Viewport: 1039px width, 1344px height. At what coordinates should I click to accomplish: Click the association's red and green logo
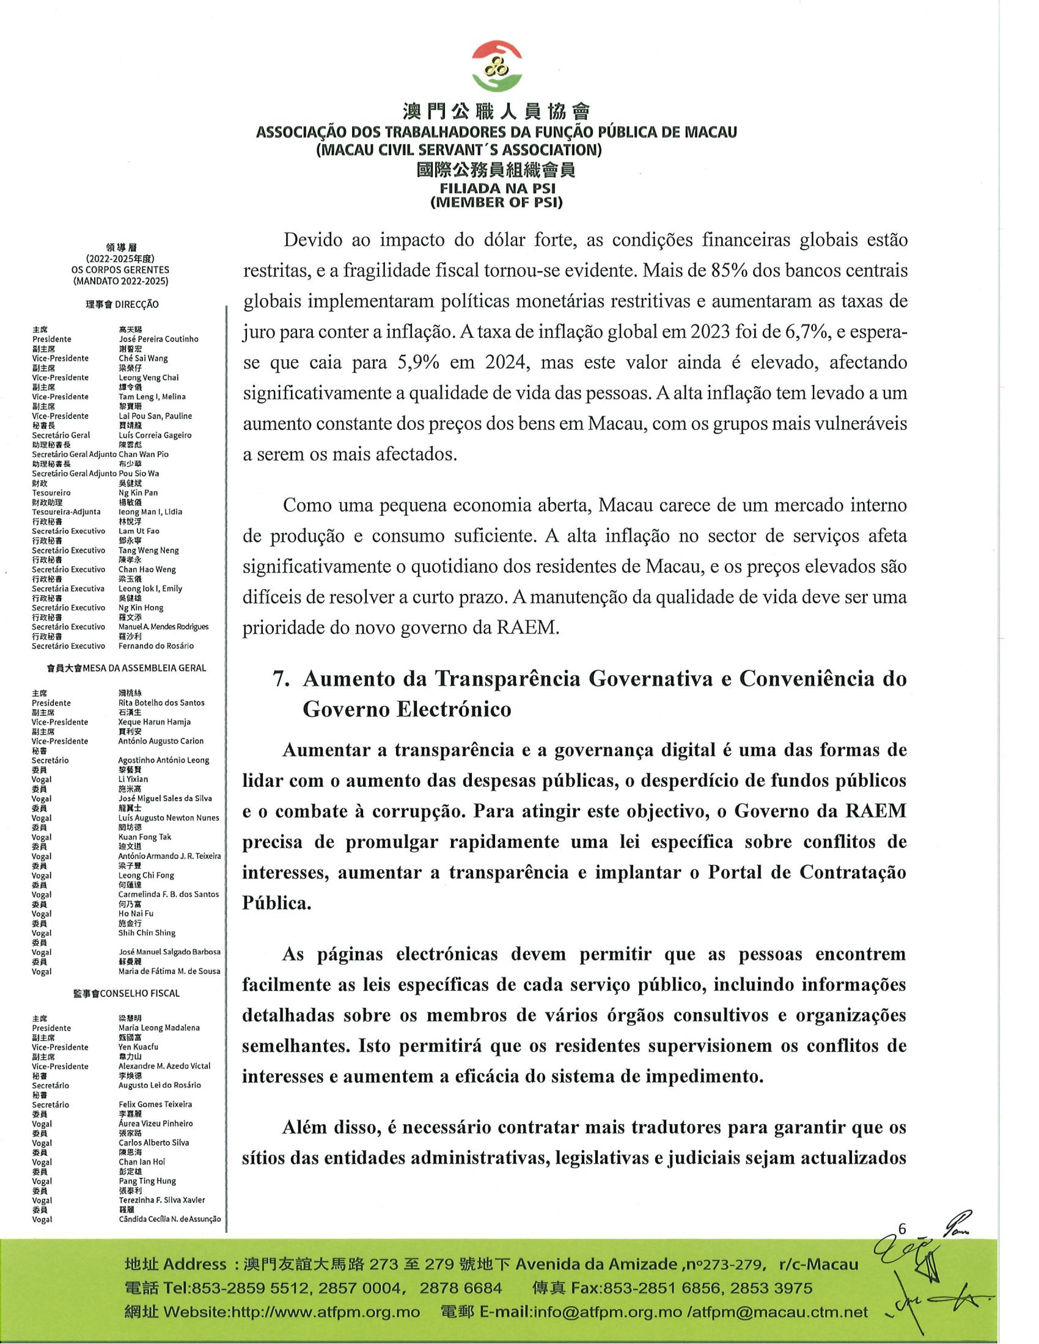point(496,67)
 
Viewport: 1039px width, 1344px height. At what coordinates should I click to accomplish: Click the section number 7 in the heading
point(281,679)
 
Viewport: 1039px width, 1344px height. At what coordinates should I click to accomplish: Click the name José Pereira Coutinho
point(158,339)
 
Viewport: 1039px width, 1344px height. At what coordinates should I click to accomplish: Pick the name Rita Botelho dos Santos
point(161,703)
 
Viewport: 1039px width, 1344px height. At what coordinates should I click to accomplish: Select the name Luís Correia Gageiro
point(155,435)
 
